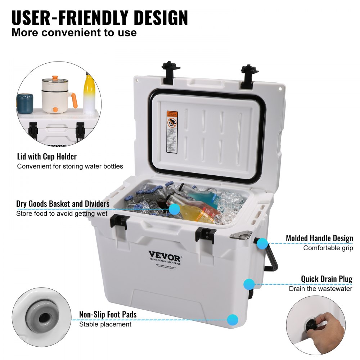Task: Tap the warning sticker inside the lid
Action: [x=172, y=132]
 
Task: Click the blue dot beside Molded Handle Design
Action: [x=262, y=244]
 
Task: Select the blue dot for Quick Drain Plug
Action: [x=249, y=284]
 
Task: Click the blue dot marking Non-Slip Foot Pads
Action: [x=233, y=319]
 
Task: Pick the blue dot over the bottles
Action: [x=174, y=209]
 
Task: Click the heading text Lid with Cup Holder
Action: [x=47, y=157]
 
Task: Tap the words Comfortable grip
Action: [x=328, y=248]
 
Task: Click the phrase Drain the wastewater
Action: [x=320, y=289]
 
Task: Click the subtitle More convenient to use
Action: [x=74, y=33]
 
